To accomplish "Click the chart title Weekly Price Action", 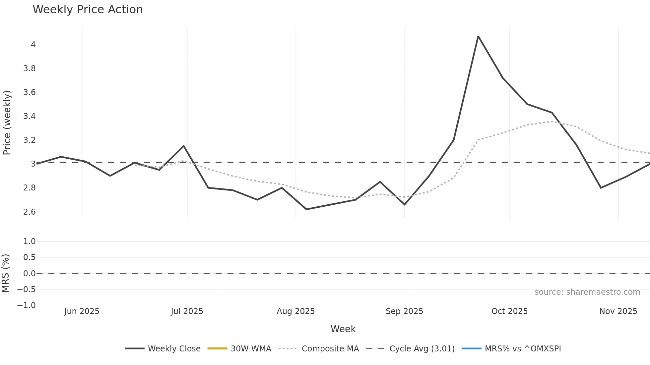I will (88, 10).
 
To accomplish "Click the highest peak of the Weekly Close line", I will (478, 36).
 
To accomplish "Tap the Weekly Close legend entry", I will (163, 349).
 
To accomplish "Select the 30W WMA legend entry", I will (239, 349).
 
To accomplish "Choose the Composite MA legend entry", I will (319, 349).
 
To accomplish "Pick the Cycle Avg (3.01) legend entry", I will (411, 349).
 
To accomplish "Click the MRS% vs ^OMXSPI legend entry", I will (511, 349).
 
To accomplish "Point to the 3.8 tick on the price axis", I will (29, 69).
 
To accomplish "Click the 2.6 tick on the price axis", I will (29, 212).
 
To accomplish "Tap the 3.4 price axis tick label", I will (29, 116).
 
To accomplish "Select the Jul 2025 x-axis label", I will (187, 311).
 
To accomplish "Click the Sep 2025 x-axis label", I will (404, 311).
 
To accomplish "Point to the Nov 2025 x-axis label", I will (618, 311).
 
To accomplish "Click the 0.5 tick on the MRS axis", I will (29, 257).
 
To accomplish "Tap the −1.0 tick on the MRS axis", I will (27, 305).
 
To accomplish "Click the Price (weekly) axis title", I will (7, 123).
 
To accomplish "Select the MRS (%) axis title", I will (5, 273).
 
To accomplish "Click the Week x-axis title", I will (343, 329).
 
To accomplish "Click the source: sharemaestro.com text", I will (587, 292).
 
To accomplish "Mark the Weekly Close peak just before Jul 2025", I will (184, 146).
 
